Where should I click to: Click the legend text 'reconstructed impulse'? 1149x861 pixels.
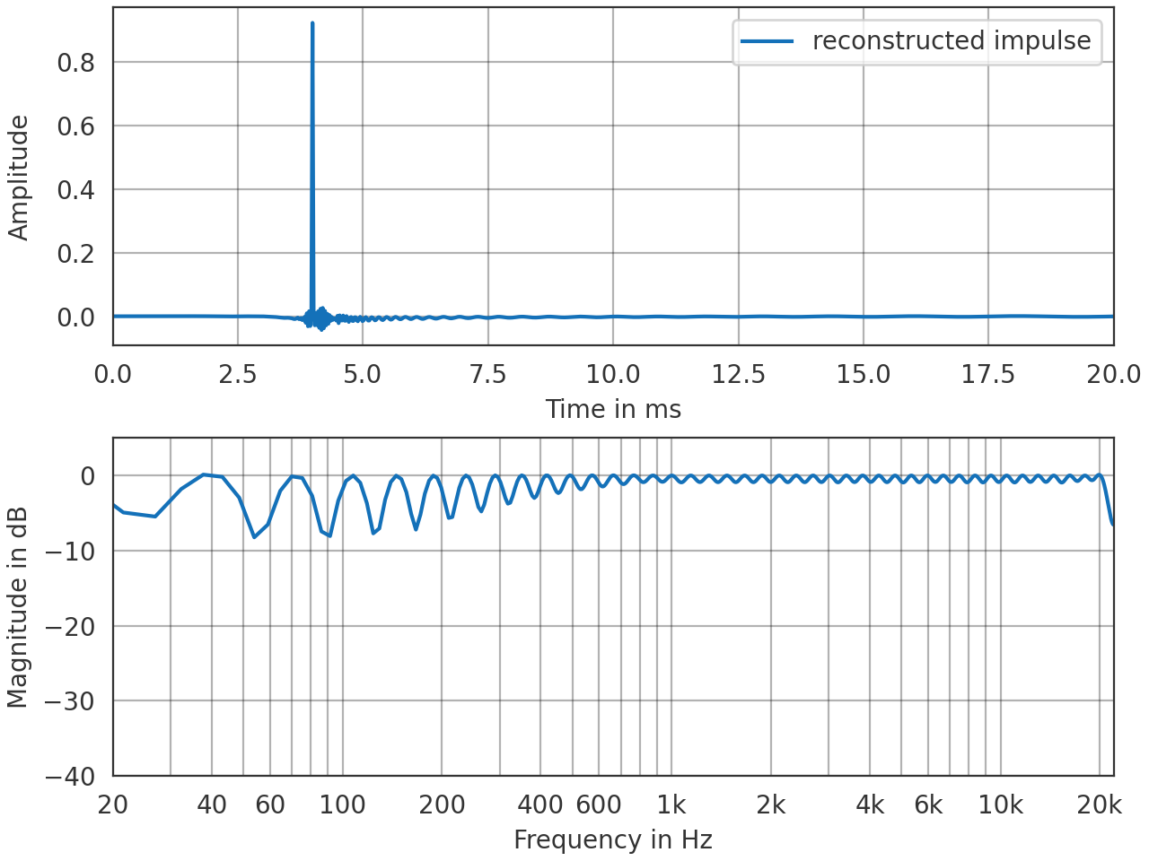tap(952, 41)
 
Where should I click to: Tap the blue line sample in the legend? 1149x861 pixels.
tap(767, 41)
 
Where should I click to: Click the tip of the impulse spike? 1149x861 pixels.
tap(312, 24)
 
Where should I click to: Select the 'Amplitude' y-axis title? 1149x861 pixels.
tap(19, 178)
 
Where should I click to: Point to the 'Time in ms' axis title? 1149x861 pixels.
tap(613, 410)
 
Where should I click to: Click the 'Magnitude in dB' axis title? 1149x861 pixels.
tap(19, 607)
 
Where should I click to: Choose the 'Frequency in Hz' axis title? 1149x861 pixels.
tap(613, 840)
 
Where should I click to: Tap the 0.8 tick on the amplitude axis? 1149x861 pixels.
tap(76, 63)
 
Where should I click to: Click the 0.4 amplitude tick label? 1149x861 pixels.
tap(76, 190)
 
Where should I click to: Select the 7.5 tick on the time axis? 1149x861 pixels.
tap(488, 374)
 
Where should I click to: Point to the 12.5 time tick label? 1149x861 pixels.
tap(739, 374)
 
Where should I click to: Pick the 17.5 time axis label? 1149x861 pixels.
tap(988, 374)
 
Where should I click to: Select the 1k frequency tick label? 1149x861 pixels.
tap(671, 805)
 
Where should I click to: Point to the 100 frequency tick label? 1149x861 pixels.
tap(343, 805)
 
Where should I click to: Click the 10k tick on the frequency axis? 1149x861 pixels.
tap(1000, 805)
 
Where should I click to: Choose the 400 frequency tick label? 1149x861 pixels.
tap(540, 805)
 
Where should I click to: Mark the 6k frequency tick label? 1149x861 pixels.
tap(928, 805)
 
